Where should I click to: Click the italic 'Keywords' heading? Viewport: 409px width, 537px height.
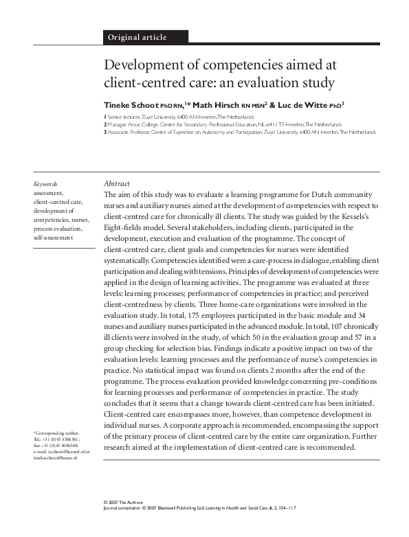coord(45,184)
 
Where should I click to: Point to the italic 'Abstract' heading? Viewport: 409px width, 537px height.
coord(116,184)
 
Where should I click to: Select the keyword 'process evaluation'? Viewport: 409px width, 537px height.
coord(58,228)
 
